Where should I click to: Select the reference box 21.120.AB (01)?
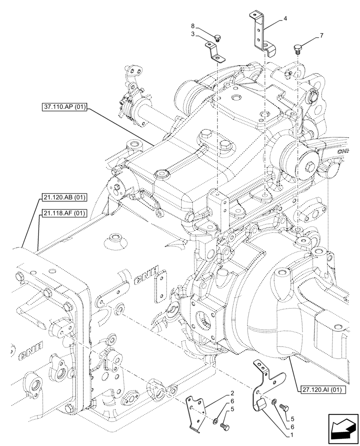point(65,197)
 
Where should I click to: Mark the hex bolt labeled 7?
point(299,48)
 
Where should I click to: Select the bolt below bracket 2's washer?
point(225,427)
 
